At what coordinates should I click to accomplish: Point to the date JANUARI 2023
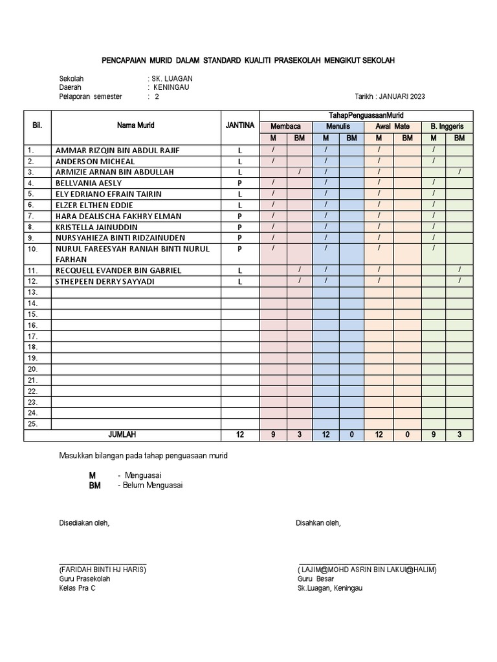(403, 97)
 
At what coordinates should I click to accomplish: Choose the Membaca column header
(285, 127)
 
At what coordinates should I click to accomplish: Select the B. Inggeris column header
(447, 127)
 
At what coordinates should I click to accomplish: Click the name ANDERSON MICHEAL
(95, 161)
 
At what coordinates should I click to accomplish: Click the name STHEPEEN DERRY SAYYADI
(105, 281)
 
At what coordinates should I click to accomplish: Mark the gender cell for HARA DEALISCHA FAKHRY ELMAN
(239, 216)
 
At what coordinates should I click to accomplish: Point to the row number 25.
(32, 424)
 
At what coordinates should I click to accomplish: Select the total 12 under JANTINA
(240, 435)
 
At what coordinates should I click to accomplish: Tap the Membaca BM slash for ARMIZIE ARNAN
(299, 171)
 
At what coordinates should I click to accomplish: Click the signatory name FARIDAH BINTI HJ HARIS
(103, 570)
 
